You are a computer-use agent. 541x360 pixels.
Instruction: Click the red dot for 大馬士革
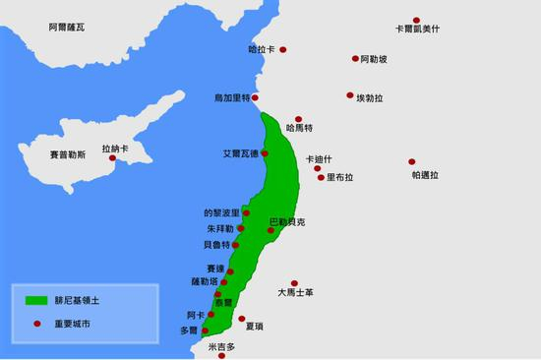294,281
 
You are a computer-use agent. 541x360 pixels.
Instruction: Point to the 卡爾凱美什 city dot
417,20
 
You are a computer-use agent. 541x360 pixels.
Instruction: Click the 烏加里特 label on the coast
232,98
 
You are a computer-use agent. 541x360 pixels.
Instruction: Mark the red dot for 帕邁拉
411,162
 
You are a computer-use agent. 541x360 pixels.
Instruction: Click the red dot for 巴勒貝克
270,231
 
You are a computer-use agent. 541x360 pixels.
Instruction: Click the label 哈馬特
298,128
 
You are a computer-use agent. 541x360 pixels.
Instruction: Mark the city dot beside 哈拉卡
283,49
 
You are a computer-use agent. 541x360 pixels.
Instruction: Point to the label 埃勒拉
373,97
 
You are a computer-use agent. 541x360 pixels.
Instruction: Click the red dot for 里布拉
320,178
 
